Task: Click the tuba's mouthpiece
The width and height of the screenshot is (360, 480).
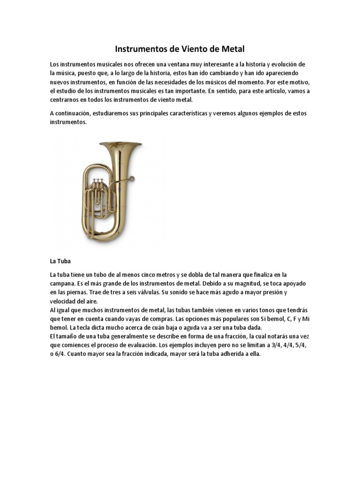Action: pyautogui.click(x=132, y=178)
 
